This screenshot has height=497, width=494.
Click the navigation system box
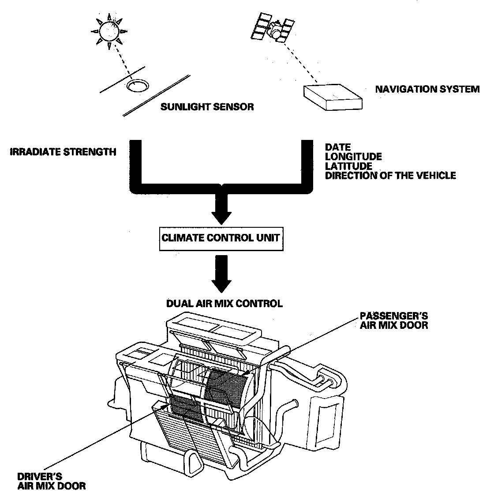pyautogui.click(x=333, y=96)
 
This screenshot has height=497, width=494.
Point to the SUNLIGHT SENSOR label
pyautogui.click(x=207, y=107)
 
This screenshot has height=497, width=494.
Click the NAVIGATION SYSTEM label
pyautogui.click(x=427, y=90)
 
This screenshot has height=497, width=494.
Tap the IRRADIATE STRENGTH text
pyautogui.click(x=63, y=152)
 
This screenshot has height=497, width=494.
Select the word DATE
pyautogui.click(x=337, y=147)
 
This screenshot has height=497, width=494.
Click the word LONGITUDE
pyautogui.click(x=353, y=157)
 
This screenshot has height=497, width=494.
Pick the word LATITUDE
pyautogui.click(x=348, y=166)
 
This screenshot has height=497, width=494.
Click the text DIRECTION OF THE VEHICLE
pyautogui.click(x=390, y=176)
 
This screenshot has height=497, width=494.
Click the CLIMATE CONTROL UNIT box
pyautogui.click(x=221, y=238)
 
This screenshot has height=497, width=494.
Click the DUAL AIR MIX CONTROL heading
pyautogui.click(x=224, y=304)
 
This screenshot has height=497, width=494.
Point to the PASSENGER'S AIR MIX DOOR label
pyautogui.click(x=393, y=321)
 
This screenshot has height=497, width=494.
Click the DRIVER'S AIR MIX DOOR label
pyautogui.click(x=51, y=481)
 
